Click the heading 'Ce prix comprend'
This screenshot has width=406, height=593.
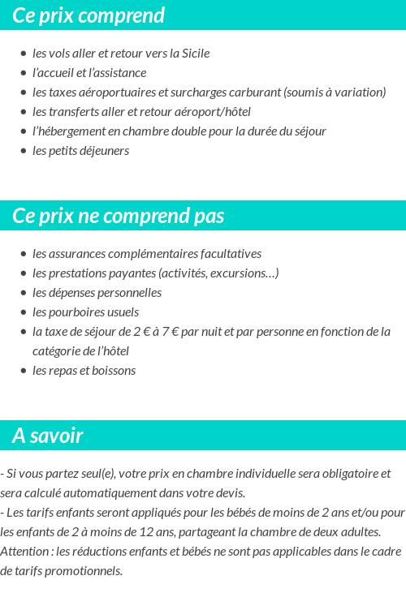89,15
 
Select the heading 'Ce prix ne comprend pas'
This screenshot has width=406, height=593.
119,217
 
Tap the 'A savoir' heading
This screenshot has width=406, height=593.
48,436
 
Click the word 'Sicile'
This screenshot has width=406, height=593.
193,54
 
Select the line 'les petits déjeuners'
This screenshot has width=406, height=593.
80,151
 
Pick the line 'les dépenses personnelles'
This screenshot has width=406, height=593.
97,293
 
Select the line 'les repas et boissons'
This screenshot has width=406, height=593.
84,371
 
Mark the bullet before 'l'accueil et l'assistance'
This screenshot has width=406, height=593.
24,73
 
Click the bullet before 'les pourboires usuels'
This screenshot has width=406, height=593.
24,312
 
